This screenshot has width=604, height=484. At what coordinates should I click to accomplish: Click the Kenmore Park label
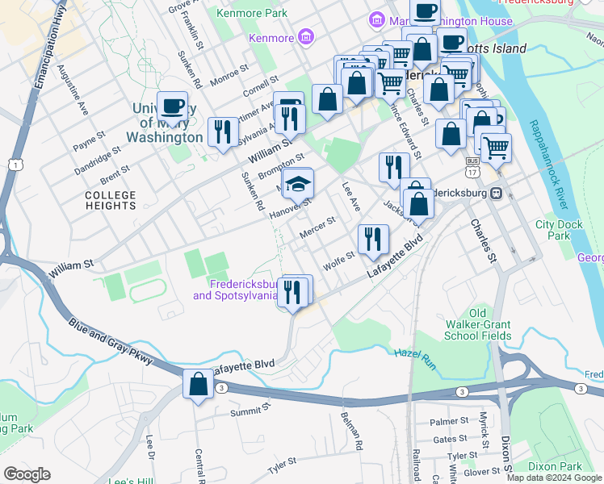tap(253, 14)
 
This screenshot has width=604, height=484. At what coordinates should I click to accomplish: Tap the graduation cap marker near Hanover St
tap(298, 185)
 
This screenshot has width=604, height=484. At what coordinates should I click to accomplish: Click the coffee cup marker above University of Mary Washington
tap(173, 106)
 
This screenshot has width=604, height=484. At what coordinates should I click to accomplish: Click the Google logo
tap(27, 474)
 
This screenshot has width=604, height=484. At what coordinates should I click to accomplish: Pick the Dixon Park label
tap(555, 466)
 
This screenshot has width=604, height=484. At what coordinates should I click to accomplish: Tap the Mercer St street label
tap(317, 227)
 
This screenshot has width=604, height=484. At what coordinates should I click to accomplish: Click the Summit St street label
tap(247, 411)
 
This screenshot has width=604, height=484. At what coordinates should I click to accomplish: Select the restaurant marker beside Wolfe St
tap(373, 238)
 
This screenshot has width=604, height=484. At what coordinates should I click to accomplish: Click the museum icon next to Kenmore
tap(305, 36)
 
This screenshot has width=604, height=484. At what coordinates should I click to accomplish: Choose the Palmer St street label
tap(449, 421)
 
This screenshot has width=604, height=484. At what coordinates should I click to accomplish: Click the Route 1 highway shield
tap(15, 165)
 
